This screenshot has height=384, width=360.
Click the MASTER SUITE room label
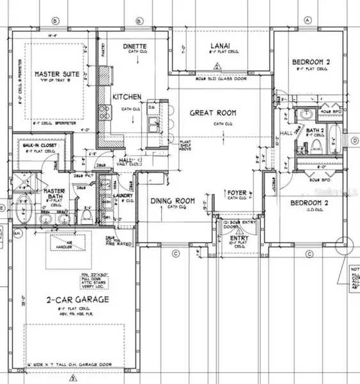point(57,75)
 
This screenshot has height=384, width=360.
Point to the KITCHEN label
point(127,97)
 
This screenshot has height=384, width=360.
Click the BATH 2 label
point(315,131)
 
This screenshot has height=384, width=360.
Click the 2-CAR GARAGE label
point(75,300)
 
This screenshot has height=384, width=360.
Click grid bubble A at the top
point(308,20)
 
